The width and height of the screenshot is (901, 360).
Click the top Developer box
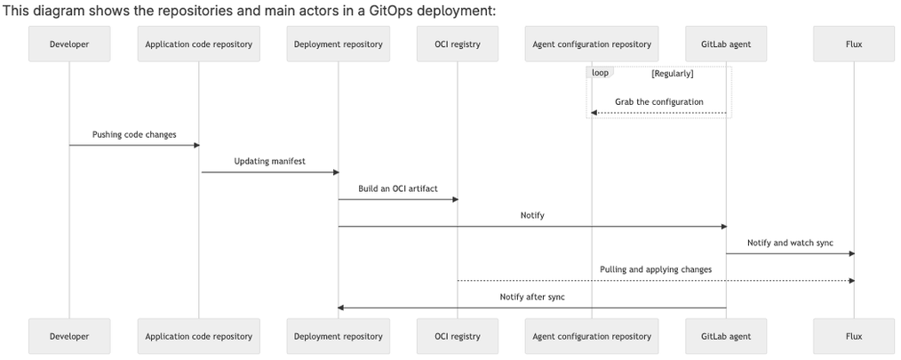[x=69, y=44]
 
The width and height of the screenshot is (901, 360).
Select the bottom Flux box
[x=854, y=336]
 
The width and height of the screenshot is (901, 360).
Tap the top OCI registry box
[x=458, y=44]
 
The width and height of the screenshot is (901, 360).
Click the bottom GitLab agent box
[x=726, y=336]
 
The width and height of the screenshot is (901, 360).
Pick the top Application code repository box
[x=198, y=44]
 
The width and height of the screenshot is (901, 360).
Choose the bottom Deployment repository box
[x=338, y=336]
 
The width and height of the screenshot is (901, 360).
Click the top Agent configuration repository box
[x=592, y=44]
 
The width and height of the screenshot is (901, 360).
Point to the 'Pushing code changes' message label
[x=134, y=134]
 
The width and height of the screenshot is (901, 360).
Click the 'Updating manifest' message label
[x=268, y=161]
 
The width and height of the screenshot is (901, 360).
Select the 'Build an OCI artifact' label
[x=398, y=188]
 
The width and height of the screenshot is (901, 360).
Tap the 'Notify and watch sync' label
[x=790, y=242]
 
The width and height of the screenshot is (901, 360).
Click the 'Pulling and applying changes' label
[x=656, y=268]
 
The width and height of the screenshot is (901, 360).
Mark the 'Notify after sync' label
[x=532, y=296]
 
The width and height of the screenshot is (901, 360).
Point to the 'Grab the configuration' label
[x=659, y=101]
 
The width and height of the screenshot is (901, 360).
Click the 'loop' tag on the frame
[x=600, y=72]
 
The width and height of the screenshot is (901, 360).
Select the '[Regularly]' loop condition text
[x=672, y=73]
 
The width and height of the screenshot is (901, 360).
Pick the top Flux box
[x=854, y=44]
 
